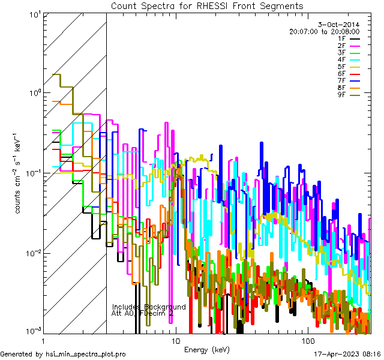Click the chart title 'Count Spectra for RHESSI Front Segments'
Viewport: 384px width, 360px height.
pyautogui.click(x=207, y=6)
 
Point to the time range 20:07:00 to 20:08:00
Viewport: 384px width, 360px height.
pyautogui.click(x=324, y=32)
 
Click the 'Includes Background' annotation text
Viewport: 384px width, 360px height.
pyautogui.click(x=149, y=307)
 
